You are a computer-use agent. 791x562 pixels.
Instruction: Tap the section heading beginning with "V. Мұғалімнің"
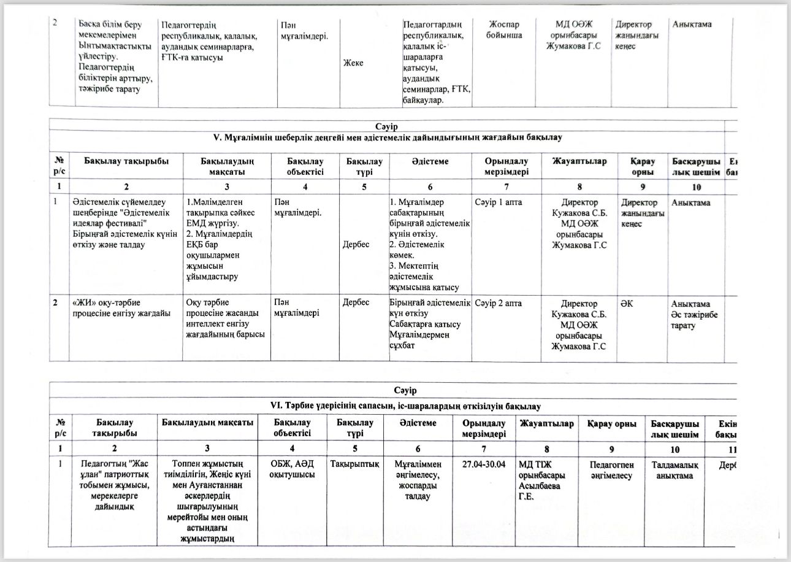click(x=390, y=137)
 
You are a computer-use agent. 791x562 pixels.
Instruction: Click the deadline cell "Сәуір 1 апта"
click(x=499, y=202)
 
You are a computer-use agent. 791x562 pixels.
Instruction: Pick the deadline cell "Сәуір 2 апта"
click(x=499, y=304)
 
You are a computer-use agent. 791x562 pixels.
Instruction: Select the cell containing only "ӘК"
click(x=627, y=304)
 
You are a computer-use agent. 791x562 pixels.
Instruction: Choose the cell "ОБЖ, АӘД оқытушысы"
click(x=293, y=469)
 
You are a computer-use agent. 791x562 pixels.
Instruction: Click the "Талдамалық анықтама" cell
click(x=673, y=469)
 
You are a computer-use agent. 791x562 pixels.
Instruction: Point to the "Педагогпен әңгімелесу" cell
click(x=610, y=469)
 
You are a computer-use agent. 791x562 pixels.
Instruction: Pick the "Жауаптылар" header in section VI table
click(x=546, y=423)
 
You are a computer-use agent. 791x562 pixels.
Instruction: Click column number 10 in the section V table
click(x=696, y=186)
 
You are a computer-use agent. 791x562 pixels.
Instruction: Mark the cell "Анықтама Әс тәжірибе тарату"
click(x=695, y=314)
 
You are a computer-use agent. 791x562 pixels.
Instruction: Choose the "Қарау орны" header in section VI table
click(x=610, y=423)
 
